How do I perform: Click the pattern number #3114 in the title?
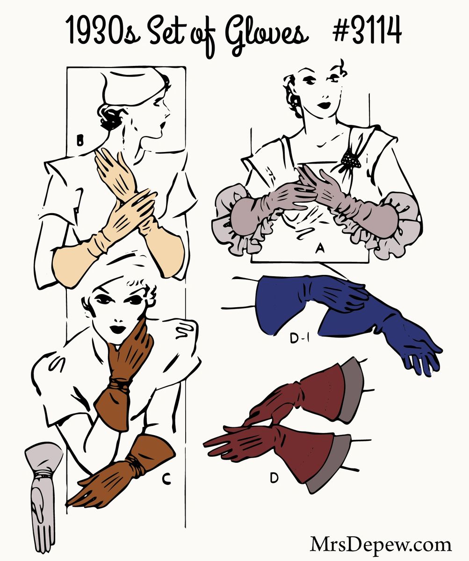tap(367, 30)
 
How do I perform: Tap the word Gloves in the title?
tap(267, 35)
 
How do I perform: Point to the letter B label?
tap(80, 140)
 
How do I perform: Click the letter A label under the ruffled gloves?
tap(319, 249)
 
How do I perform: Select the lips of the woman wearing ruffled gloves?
tap(325, 105)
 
